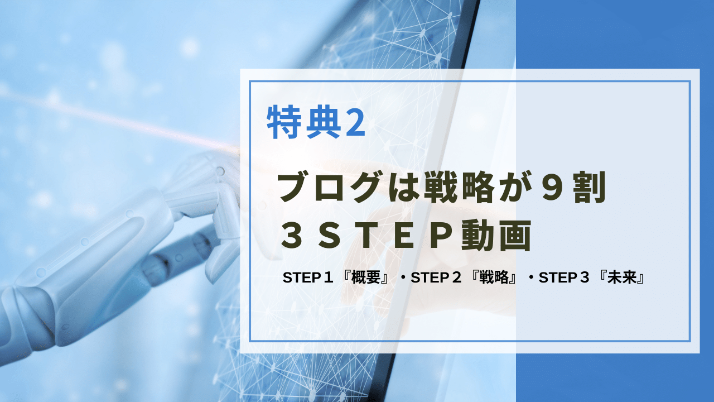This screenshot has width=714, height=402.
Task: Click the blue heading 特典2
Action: click(x=316, y=122)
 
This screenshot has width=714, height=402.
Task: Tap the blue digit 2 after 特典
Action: click(x=355, y=123)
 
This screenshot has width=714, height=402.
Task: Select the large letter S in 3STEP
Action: click(x=329, y=236)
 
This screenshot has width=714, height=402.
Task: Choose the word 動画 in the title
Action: click(x=496, y=236)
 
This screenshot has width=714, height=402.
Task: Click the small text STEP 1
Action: click(x=307, y=277)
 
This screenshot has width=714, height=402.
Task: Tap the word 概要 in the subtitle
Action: click(x=365, y=277)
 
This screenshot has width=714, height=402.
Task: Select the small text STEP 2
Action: click(x=436, y=277)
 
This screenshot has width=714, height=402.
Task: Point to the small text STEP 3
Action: click(x=564, y=277)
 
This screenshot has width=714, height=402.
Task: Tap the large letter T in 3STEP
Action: click(x=366, y=236)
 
